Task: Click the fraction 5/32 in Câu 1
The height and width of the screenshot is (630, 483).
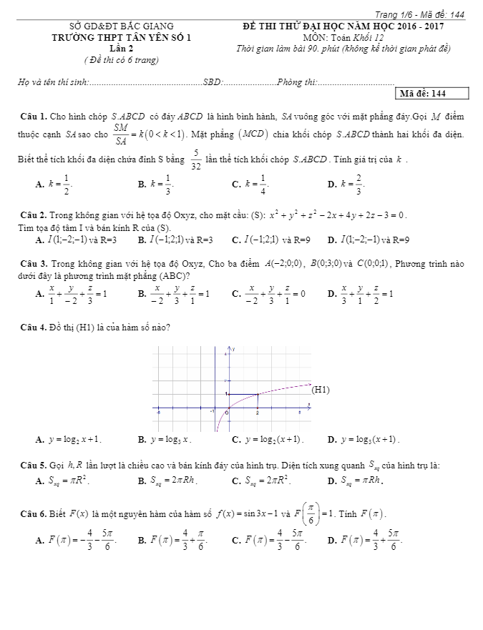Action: pyautogui.click(x=195, y=157)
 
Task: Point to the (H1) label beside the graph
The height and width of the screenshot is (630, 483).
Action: pyautogui.click(x=321, y=390)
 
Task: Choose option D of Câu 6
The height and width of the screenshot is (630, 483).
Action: pyautogui.click(x=365, y=540)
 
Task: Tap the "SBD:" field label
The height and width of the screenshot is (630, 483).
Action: pyautogui.click(x=213, y=83)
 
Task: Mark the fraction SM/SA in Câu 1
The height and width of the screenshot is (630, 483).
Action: pyautogui.click(x=121, y=134)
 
